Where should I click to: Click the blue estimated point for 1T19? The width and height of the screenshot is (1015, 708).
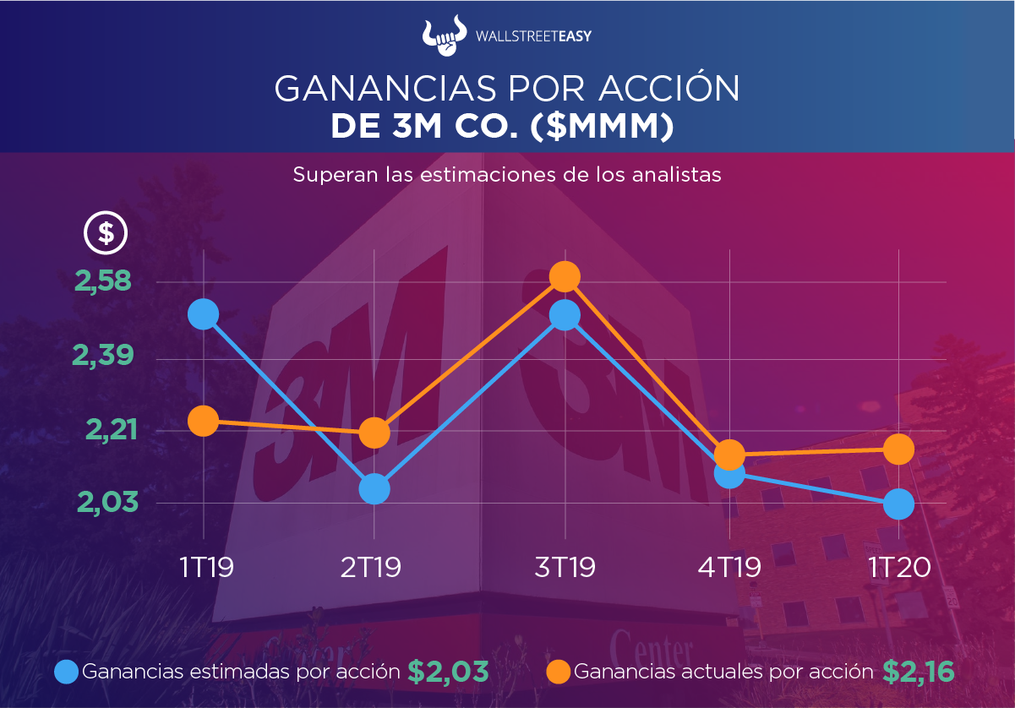coord(203,314)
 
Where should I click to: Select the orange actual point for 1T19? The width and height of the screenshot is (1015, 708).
coord(203,420)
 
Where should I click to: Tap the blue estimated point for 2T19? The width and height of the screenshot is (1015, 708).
coord(374,488)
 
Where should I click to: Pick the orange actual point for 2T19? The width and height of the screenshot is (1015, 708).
coord(374,433)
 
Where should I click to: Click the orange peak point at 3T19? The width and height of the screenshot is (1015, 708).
coord(564,275)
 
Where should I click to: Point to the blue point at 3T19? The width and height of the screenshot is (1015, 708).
coord(564,315)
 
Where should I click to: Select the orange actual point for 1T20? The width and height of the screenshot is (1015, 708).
coord(898,449)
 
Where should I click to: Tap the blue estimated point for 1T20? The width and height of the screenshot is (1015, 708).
coord(898,505)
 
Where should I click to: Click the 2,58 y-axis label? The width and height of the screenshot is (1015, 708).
coord(105,281)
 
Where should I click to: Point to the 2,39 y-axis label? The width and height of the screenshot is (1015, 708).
coord(105,356)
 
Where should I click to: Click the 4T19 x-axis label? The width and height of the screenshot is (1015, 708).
coord(729,566)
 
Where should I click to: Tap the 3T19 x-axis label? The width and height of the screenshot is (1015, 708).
coord(565,566)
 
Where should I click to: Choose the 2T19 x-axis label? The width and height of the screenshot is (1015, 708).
coord(371,566)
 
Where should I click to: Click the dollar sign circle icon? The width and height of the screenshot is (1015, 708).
coord(106,232)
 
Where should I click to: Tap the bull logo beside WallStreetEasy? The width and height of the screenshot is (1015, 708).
coord(445,35)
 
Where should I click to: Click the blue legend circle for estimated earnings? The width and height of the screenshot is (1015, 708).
coord(67,672)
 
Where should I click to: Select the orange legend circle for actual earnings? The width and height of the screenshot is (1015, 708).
coord(559,672)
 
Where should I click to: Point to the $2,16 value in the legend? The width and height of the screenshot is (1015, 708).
coord(919,672)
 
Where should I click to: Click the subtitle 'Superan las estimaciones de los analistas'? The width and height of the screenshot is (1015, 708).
coord(507,175)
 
